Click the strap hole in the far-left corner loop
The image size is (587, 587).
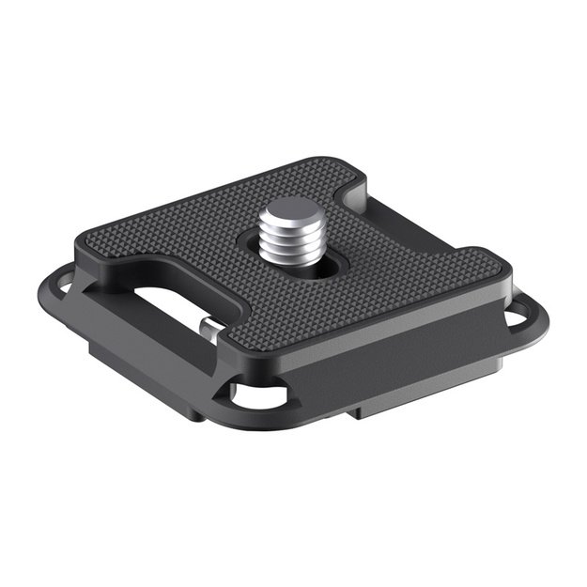click(58, 278)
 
